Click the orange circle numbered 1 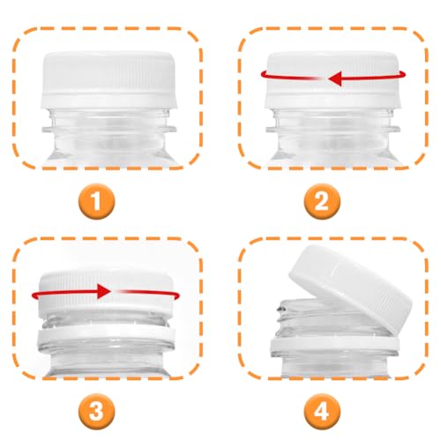pos(102,202)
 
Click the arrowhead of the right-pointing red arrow pos(103,289)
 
